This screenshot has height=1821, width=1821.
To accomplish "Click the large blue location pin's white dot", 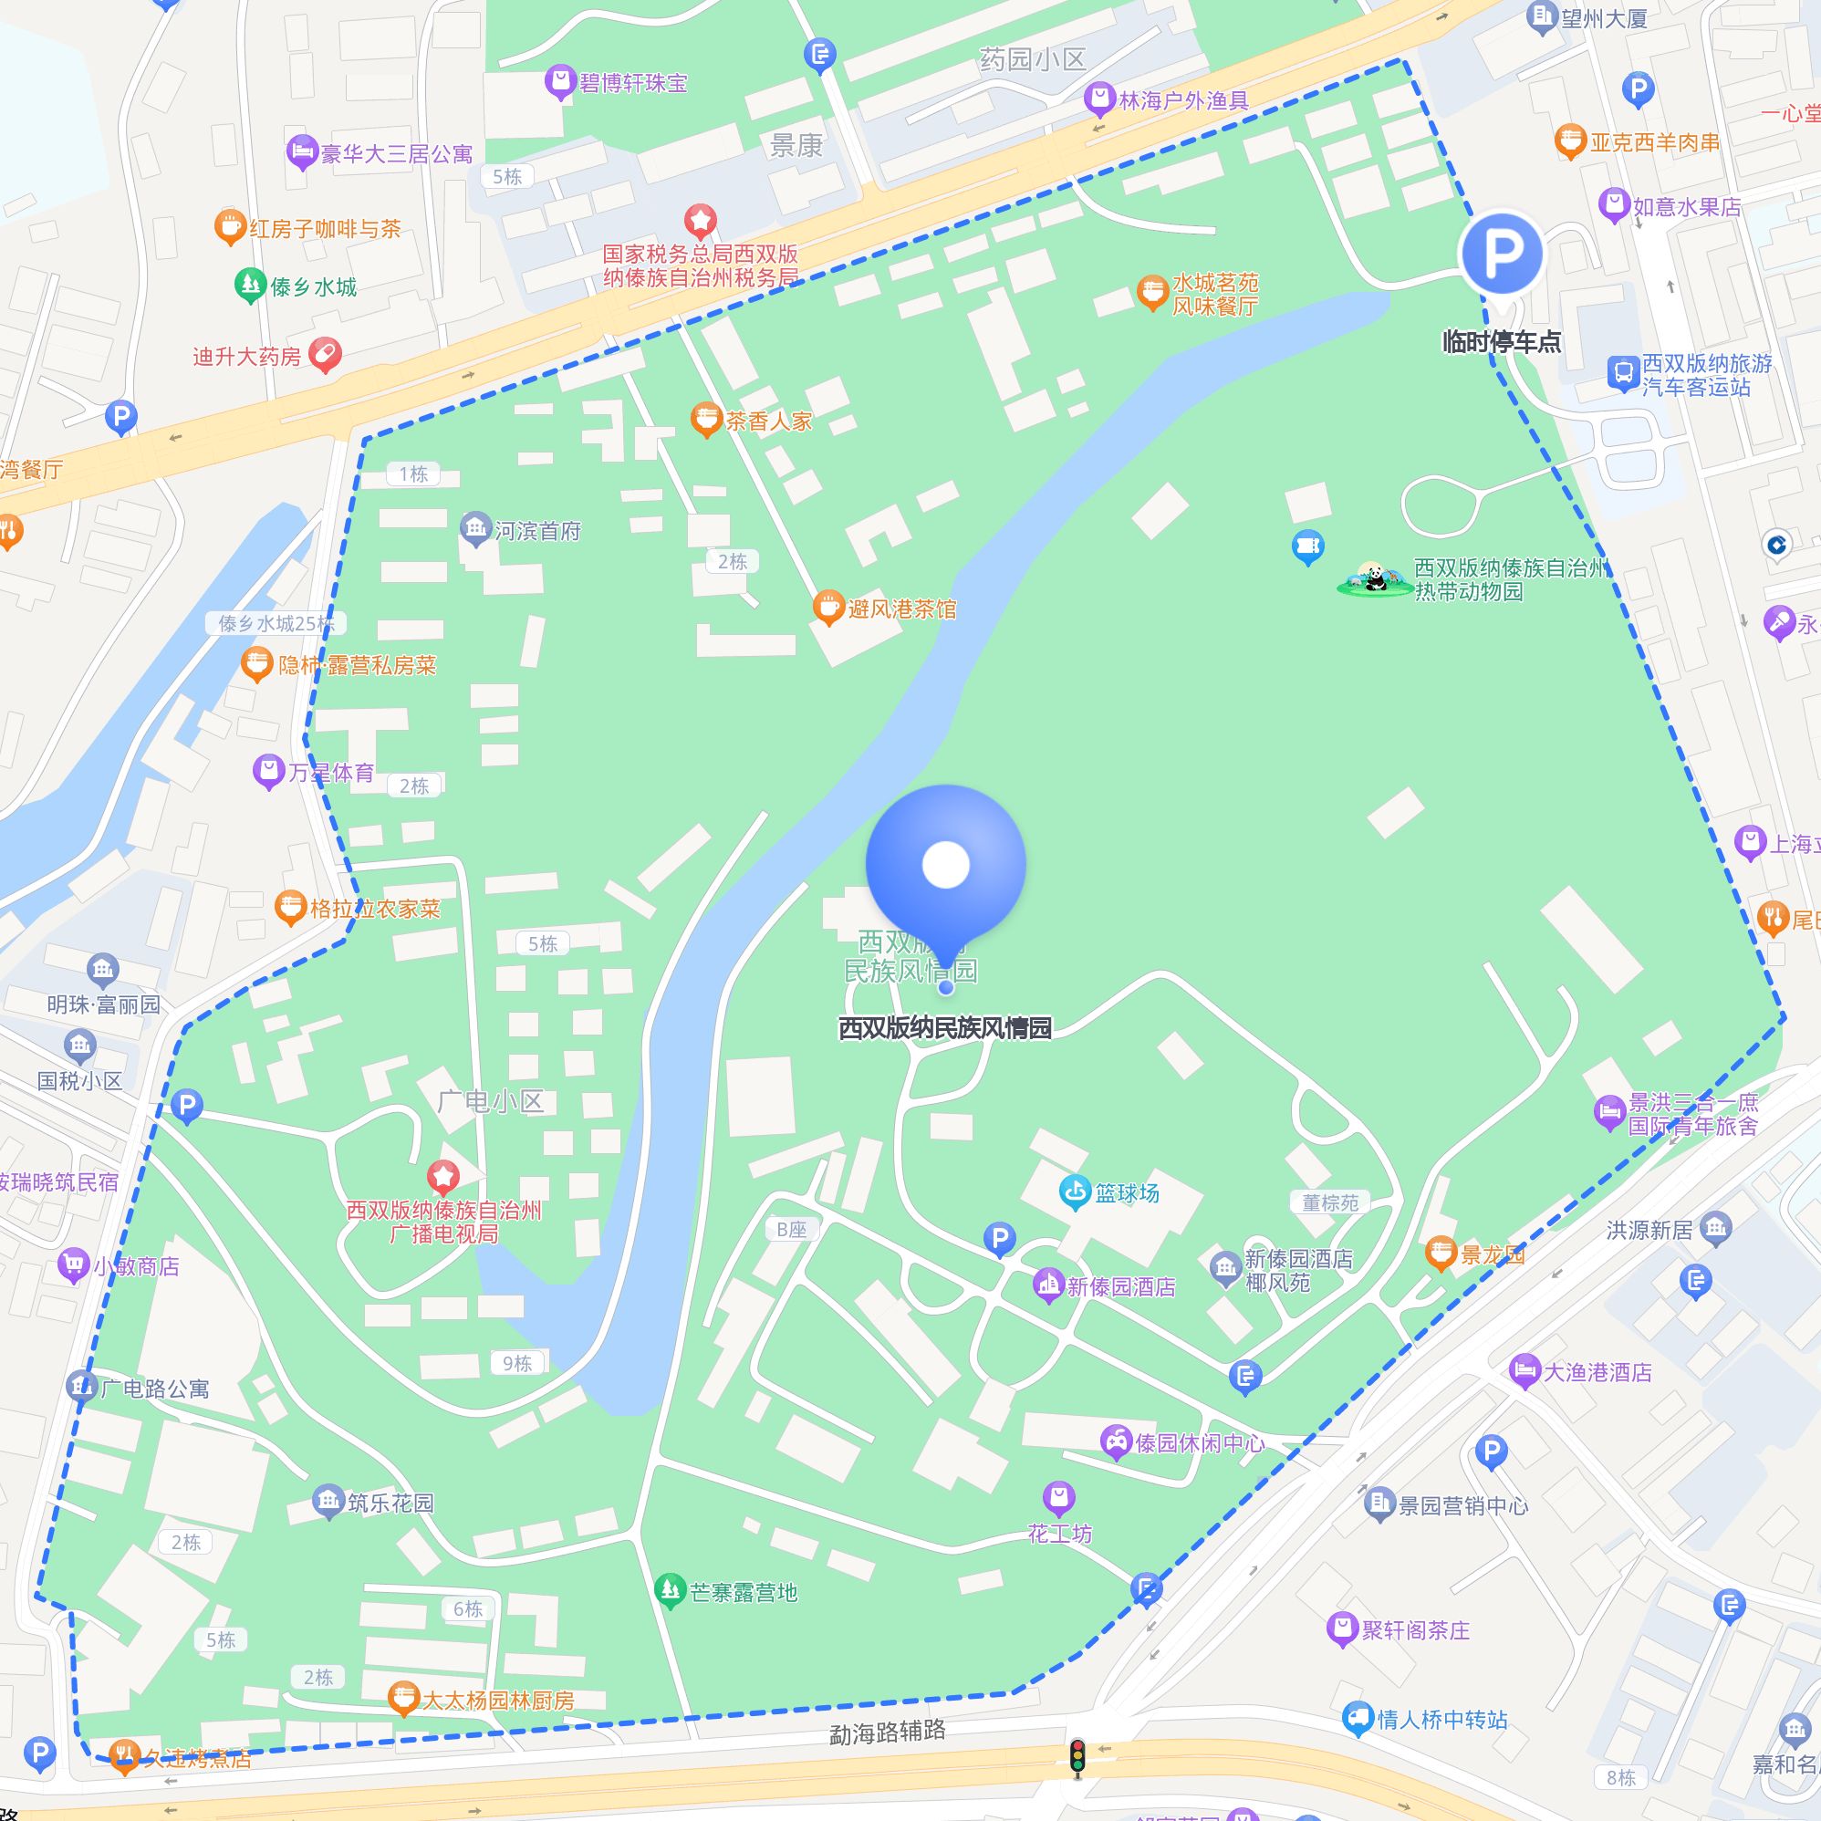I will (945, 864).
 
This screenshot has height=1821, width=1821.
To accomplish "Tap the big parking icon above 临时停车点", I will (1502, 253).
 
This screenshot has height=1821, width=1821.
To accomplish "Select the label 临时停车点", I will (1502, 341).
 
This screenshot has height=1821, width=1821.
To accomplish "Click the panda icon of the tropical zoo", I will (1372, 578).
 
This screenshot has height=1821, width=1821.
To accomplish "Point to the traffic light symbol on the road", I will (1077, 1758).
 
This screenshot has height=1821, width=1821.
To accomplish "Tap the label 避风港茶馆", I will (901, 609).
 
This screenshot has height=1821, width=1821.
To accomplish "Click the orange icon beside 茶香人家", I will (706, 421).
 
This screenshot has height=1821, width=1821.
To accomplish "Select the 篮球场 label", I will (1127, 1192).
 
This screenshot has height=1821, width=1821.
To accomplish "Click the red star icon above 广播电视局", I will (443, 1176).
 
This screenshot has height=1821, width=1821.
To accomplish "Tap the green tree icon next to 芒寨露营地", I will (670, 1592).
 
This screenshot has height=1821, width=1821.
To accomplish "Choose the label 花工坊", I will (1059, 1534).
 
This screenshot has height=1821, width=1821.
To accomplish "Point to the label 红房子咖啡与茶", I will (325, 228).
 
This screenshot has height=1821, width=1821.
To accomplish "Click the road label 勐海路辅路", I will (887, 1732).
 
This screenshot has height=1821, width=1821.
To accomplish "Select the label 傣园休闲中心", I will (1199, 1443).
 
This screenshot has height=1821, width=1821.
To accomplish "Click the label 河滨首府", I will (537, 531).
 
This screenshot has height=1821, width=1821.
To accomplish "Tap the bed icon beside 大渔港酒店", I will (1524, 1371).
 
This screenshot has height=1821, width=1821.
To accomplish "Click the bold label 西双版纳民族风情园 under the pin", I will (944, 1027).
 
